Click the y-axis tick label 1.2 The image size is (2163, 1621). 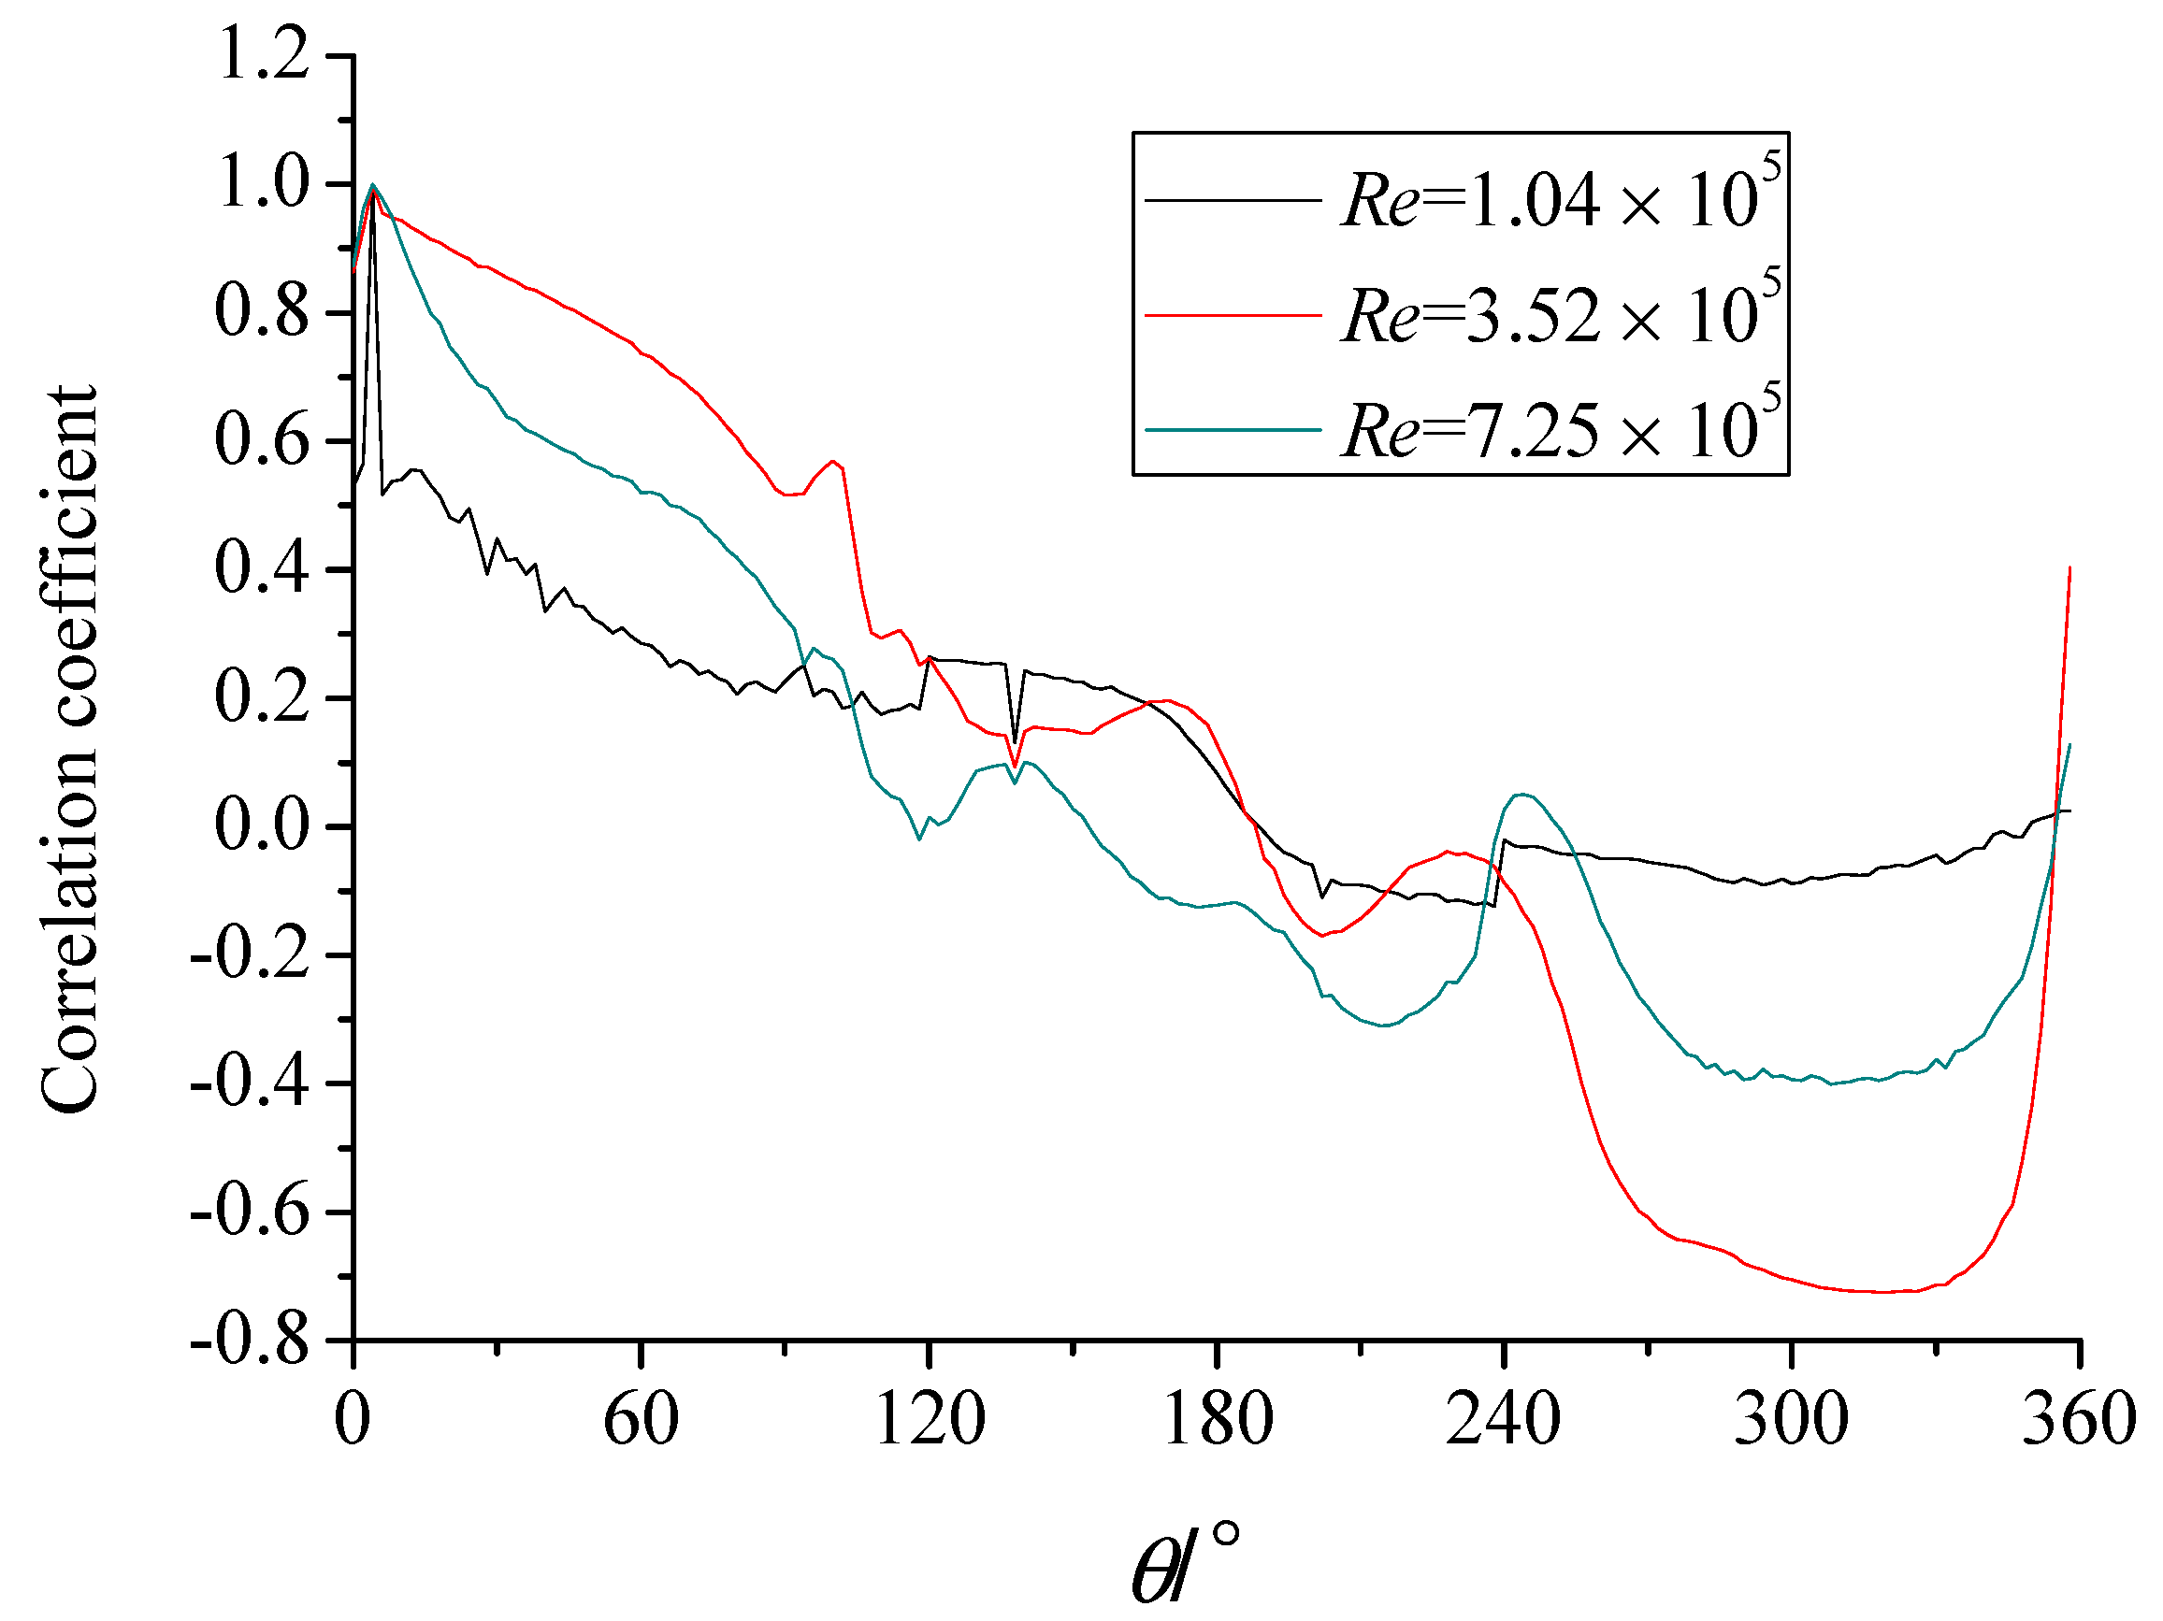point(261,54)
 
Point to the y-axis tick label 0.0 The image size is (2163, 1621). point(261,826)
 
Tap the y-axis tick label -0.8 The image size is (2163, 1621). point(250,1342)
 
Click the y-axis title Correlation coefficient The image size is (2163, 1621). point(70,748)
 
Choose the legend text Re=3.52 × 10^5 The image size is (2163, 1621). point(1561,315)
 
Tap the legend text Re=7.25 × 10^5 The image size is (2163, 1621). point(1561,429)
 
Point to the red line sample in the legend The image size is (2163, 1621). point(1233,315)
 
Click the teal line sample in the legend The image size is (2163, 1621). point(1233,429)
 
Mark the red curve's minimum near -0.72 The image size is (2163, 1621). point(1882,1293)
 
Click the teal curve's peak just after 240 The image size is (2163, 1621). point(1523,794)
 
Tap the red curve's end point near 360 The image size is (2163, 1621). point(2070,567)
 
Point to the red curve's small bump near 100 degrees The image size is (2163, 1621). point(832,462)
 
